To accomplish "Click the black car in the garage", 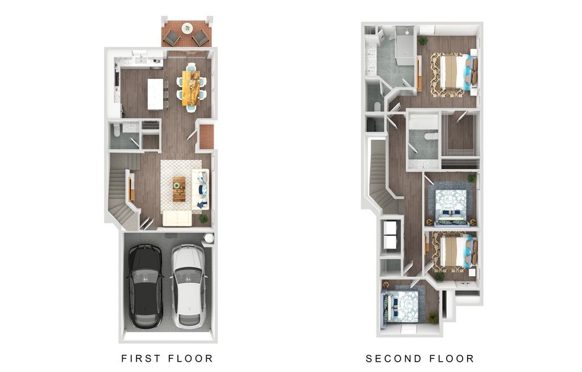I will click(145, 285).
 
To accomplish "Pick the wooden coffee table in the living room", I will click(179, 189).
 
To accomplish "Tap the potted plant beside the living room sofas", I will click(203, 218).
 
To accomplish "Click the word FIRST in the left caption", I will click(141, 358).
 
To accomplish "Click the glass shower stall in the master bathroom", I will click(405, 43).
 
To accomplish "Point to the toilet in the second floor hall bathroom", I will click(430, 136).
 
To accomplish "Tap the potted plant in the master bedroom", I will click(423, 41).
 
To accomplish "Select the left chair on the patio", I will click(172, 38).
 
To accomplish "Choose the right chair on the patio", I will click(201, 38).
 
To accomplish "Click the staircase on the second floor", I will click(380, 176).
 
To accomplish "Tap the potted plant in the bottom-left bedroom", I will click(433, 317).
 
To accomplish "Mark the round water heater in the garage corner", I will click(209, 238).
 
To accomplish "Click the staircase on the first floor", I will click(120, 193).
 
